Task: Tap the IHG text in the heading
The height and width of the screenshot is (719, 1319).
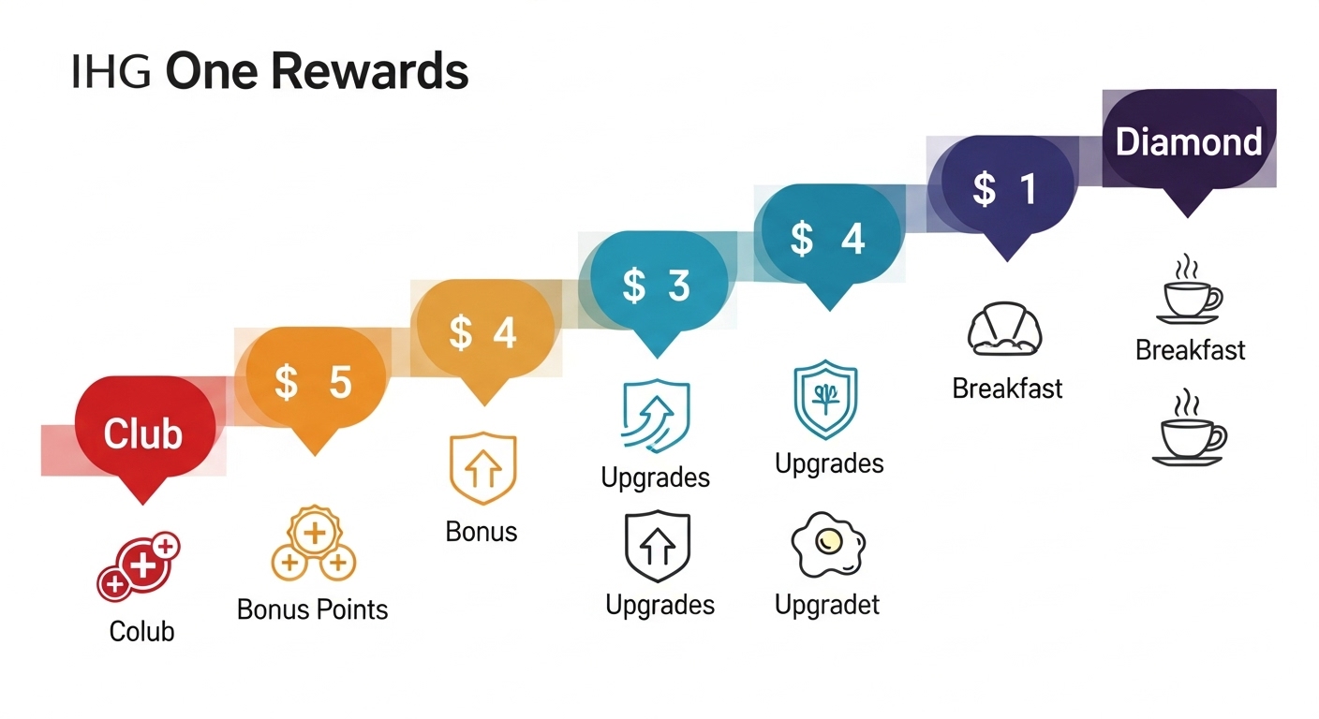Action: (111, 72)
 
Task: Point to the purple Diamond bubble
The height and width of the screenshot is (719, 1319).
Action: (1188, 142)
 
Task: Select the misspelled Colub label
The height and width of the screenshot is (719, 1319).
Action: (141, 631)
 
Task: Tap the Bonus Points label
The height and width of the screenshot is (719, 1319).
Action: (312, 609)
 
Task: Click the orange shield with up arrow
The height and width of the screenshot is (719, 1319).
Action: (483, 468)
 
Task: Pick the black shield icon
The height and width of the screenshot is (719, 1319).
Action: (657, 546)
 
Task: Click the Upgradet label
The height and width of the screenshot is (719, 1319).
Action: (827, 605)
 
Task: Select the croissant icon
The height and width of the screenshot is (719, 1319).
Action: (1005, 330)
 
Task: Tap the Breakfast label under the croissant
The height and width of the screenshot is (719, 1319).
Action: (1007, 388)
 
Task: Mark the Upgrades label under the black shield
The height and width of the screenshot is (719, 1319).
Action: (659, 605)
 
